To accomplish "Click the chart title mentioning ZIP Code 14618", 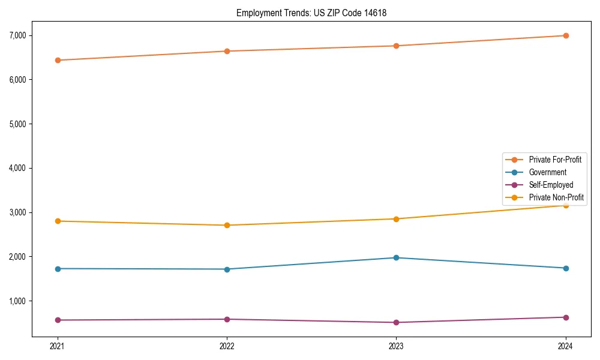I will [x=316, y=13].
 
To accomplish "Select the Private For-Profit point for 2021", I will [x=58, y=60].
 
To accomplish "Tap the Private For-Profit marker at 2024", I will [x=566, y=35].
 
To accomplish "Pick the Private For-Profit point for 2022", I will [x=227, y=51].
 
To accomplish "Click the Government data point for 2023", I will [x=396, y=257].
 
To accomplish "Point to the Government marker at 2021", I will [x=58, y=268].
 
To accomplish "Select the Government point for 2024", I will [x=566, y=268].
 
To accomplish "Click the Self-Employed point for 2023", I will [x=396, y=322].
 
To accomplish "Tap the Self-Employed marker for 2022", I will [x=227, y=319].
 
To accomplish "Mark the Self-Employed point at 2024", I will [x=566, y=317].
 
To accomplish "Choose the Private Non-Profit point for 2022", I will [x=227, y=225].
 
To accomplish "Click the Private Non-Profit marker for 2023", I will [x=396, y=218].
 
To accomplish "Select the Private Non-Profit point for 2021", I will [x=58, y=221].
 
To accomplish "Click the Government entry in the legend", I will [x=547, y=172].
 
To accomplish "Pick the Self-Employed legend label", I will [x=551, y=185].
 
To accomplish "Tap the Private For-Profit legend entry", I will [x=555, y=160].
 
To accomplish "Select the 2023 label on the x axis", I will [x=396, y=346].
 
